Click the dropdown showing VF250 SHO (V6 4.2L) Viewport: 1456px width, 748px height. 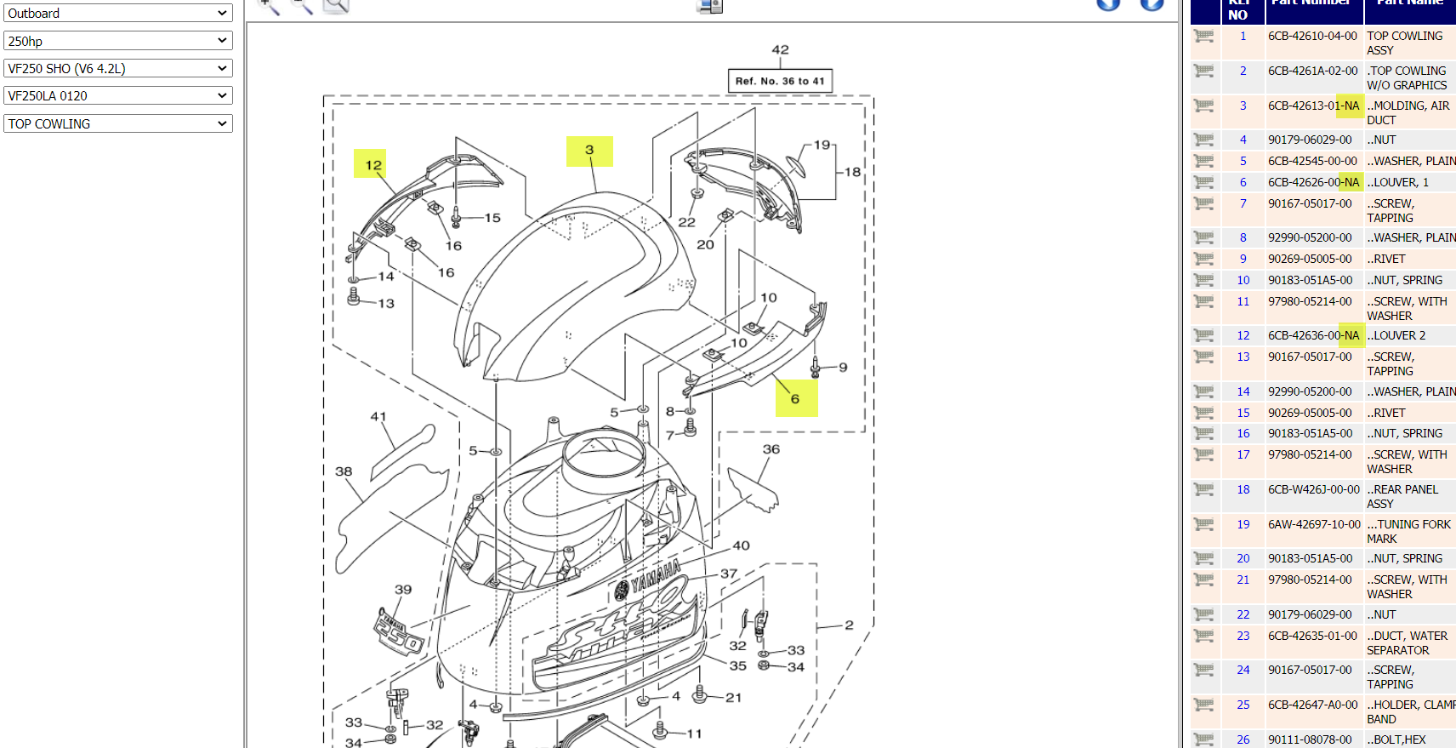[117, 68]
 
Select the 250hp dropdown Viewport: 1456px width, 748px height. [117, 41]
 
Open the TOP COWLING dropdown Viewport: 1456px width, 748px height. [117, 123]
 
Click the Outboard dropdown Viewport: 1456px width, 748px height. [117, 14]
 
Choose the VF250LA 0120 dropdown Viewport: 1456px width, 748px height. [117, 95]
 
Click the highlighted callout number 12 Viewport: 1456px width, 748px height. [373, 165]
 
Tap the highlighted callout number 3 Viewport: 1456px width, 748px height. [589, 151]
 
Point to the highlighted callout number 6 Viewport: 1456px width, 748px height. [795, 398]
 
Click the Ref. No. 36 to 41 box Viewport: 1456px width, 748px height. [780, 81]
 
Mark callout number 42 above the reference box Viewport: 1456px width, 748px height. [780, 50]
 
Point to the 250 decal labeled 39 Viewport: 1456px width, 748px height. [400, 633]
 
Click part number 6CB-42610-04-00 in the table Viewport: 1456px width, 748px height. [1312, 36]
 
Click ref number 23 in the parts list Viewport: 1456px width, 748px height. [1243, 636]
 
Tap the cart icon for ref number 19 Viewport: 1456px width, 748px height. [1203, 524]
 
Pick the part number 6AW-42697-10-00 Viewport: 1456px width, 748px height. [1314, 524]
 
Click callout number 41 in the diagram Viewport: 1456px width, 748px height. [378, 417]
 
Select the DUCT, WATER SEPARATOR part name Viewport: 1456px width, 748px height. [1407, 642]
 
